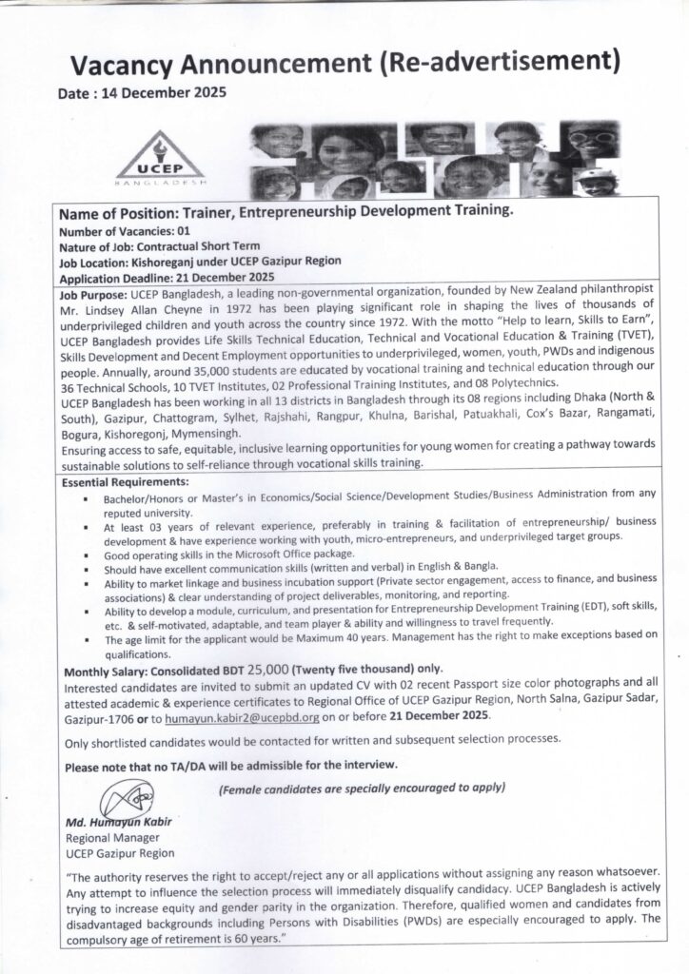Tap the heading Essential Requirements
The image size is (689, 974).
coord(124,483)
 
